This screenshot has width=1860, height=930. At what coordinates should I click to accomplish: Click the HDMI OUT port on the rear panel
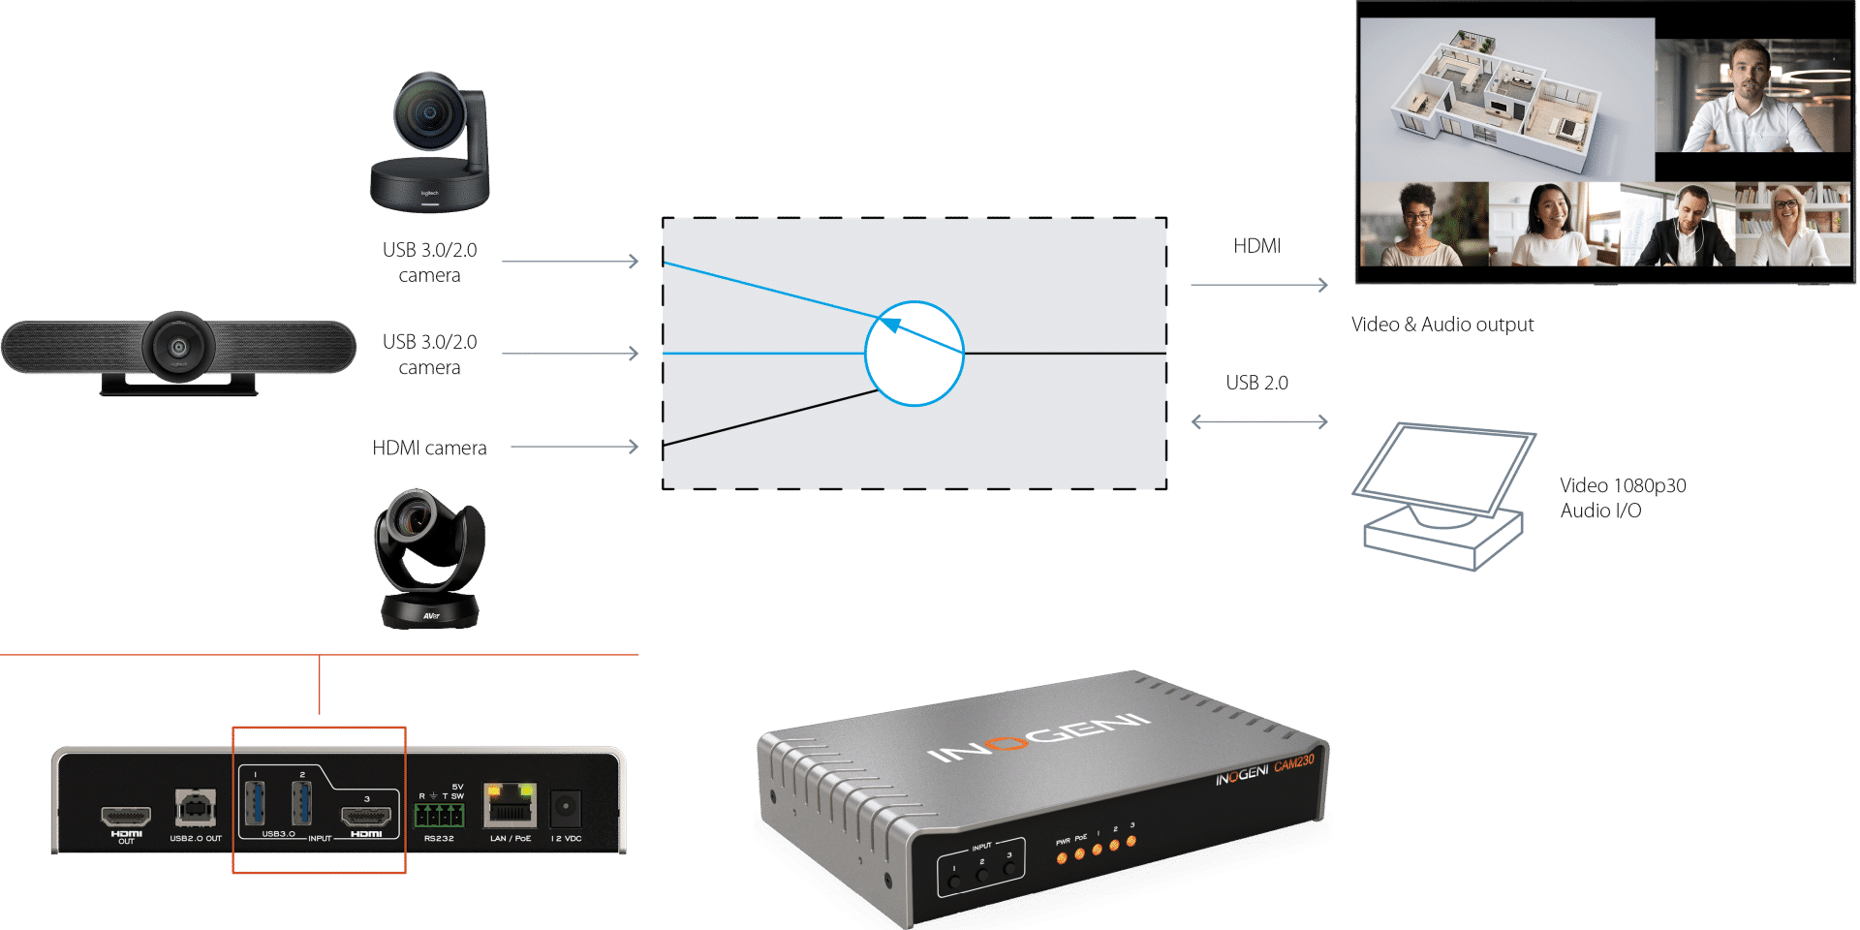pyautogui.click(x=126, y=818)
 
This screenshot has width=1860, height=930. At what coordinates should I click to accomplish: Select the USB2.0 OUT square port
pyautogui.click(x=195, y=808)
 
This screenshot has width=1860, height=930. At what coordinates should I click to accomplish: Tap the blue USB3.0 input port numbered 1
pyautogui.click(x=255, y=803)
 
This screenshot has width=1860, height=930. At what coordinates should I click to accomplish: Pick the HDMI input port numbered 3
pyautogui.click(x=367, y=816)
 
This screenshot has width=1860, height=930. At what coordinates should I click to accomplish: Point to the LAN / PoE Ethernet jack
pyautogui.click(x=510, y=806)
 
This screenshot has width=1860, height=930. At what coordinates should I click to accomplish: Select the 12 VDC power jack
pyautogui.click(x=566, y=808)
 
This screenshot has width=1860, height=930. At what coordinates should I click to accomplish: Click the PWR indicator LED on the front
pyautogui.click(x=1063, y=857)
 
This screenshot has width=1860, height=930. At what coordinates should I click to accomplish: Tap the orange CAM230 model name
pyautogui.click(x=1294, y=764)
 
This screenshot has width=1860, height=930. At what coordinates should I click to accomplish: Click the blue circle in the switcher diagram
pyautogui.click(x=914, y=354)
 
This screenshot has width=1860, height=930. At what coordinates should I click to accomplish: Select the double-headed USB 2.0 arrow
pyautogui.click(x=1258, y=421)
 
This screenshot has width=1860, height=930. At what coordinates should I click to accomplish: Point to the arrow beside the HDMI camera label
pyautogui.click(x=574, y=447)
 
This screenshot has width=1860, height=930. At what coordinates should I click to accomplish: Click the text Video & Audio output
pyautogui.click(x=1441, y=325)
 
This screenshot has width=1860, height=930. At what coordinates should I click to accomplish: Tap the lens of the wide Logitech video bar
pyautogui.click(x=178, y=346)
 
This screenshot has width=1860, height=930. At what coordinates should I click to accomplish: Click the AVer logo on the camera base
pyautogui.click(x=431, y=615)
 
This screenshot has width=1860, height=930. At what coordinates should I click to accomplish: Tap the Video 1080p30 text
pyautogui.click(x=1623, y=485)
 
